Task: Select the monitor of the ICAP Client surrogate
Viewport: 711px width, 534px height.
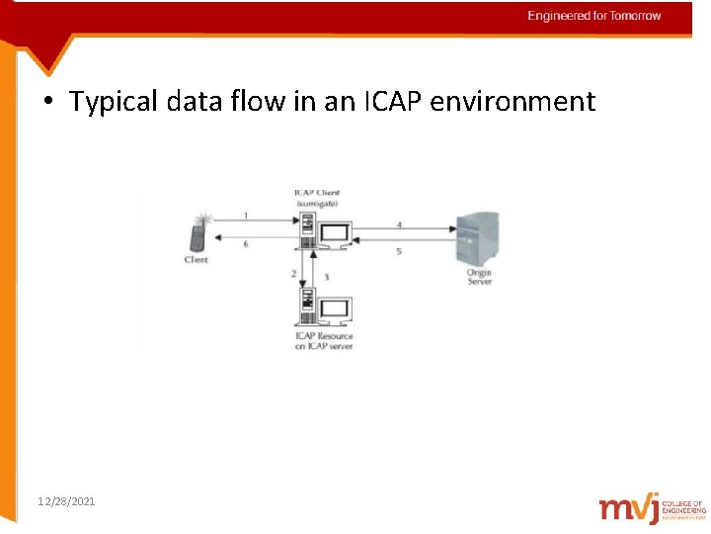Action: [x=335, y=235]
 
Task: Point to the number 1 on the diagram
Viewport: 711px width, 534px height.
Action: [x=245, y=215]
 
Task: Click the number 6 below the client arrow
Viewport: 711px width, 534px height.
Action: [x=245, y=245]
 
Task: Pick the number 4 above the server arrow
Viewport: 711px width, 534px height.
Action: [x=399, y=225]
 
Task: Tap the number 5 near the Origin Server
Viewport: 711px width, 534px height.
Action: [x=399, y=252]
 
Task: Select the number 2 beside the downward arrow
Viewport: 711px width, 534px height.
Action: [x=293, y=272]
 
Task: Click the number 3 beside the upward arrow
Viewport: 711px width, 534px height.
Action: [x=326, y=277]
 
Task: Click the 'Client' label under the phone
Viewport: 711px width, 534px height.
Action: [x=197, y=260]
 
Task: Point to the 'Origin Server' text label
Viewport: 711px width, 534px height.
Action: [x=479, y=276]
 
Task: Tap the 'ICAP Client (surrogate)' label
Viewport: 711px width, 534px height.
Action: [x=317, y=197]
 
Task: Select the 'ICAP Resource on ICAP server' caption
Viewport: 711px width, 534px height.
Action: [x=323, y=341]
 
